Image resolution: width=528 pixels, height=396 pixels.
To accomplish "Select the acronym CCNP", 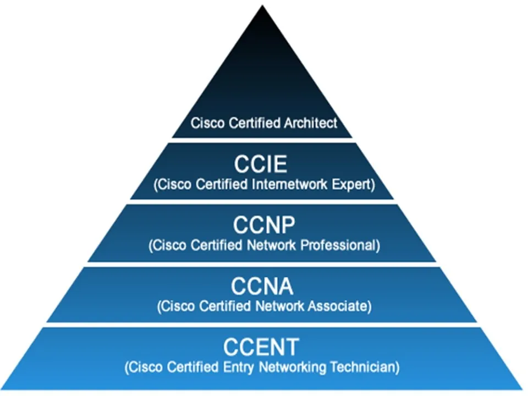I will click(264, 226).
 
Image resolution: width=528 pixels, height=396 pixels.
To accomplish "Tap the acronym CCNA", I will click(262, 287).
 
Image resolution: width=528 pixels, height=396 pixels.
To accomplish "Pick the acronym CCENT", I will click(261, 348).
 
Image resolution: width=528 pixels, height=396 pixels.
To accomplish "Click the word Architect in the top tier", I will click(311, 123).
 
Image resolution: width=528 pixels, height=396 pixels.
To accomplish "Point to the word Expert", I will click(355, 184).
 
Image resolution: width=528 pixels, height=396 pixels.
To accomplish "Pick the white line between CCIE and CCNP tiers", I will click(262, 202).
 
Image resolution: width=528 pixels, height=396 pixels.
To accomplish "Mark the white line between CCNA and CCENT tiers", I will click(262, 324).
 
